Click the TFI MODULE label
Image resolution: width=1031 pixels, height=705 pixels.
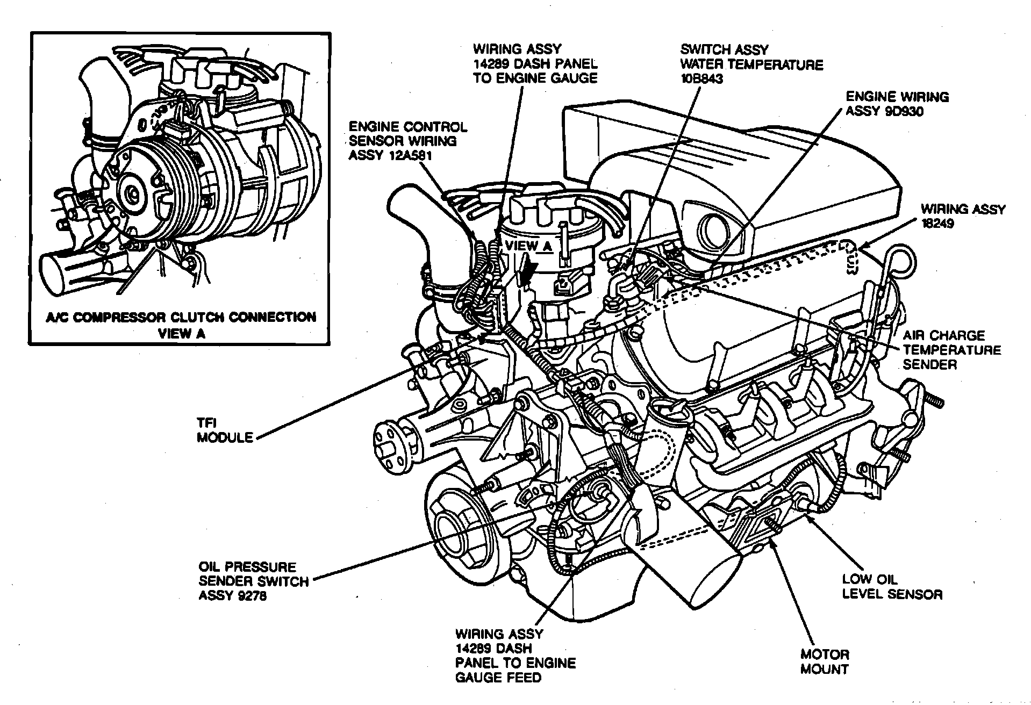coord(224,430)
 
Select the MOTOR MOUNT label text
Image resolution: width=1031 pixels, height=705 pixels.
coord(824,661)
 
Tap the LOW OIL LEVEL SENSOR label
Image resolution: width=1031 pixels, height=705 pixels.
coord(892,587)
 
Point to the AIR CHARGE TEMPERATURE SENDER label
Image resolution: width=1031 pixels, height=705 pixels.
coord(951,350)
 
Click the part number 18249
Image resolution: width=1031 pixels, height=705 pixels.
coord(937,224)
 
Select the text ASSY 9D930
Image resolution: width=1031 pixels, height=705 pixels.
coord(885,112)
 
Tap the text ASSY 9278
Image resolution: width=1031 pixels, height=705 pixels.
coord(232,596)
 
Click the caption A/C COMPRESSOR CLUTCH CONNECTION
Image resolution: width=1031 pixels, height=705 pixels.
coord(181,317)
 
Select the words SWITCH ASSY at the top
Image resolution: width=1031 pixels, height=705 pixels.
coord(725,49)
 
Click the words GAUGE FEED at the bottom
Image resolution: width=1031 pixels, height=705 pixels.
coord(498,678)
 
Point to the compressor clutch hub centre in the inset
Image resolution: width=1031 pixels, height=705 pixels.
coord(132,192)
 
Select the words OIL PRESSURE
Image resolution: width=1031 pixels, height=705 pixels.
coord(247,567)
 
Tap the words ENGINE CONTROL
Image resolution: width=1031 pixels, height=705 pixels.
coord(407,127)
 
